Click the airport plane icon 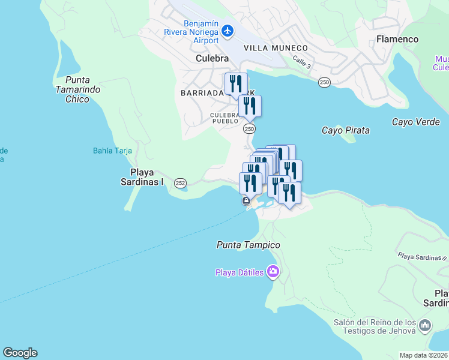click(x=227, y=30)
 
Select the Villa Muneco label click(x=276, y=47)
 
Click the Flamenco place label click(x=397, y=39)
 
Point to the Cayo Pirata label click(x=345, y=130)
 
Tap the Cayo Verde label click(x=413, y=122)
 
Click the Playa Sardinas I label click(x=139, y=176)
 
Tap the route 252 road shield click(x=181, y=182)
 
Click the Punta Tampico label click(x=248, y=245)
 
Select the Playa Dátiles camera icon click(x=273, y=272)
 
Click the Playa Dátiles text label click(x=240, y=273)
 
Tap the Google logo click(x=20, y=353)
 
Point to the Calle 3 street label click(x=301, y=62)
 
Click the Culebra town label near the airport click(x=212, y=58)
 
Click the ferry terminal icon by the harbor click(x=246, y=202)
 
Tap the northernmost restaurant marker click(x=236, y=83)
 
